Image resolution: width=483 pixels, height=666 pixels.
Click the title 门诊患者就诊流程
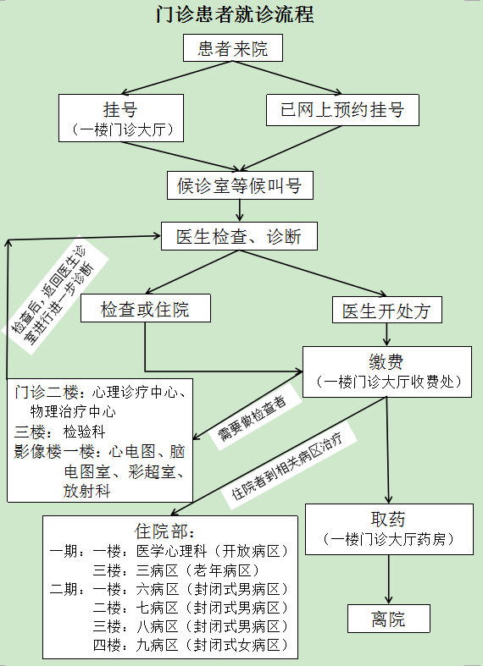(x=235, y=14)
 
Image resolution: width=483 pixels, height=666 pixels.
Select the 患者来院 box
(x=233, y=48)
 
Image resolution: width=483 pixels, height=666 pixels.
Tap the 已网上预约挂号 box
(x=342, y=110)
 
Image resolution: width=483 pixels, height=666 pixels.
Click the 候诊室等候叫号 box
(x=240, y=185)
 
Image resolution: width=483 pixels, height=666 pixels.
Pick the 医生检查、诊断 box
(x=239, y=236)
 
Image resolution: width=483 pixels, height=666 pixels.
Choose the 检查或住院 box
(x=146, y=308)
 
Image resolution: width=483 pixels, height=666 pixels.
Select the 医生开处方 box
(x=387, y=310)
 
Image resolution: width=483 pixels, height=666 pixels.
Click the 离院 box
(x=389, y=619)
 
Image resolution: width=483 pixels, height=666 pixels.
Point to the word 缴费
(x=386, y=362)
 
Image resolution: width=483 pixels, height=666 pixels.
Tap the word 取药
(x=388, y=519)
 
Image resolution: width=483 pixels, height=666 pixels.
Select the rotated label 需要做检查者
(x=253, y=419)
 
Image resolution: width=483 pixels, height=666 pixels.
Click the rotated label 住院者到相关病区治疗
(x=287, y=466)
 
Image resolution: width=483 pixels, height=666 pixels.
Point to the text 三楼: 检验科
(x=59, y=432)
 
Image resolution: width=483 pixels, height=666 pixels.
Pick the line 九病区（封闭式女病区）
(x=212, y=645)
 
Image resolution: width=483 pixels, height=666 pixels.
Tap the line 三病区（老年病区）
(x=197, y=570)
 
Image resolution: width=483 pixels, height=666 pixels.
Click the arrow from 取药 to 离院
(x=389, y=580)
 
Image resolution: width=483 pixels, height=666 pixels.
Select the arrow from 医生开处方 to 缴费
(x=386, y=335)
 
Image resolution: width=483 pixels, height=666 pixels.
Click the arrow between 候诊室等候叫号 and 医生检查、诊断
(x=240, y=210)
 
